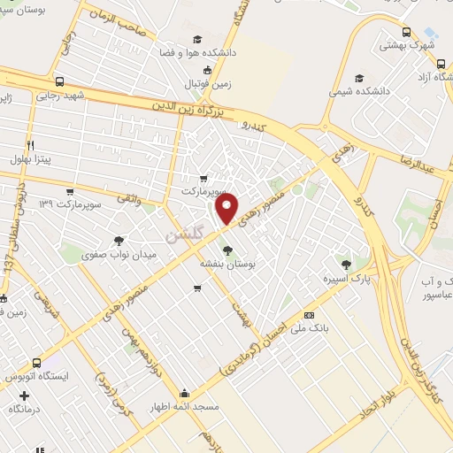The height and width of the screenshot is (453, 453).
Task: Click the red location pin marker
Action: point(227,210)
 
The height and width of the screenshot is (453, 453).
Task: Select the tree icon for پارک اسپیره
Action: point(346,264)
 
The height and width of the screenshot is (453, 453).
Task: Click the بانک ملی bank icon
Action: point(308,315)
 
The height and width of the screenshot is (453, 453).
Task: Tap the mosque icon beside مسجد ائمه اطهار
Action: point(184,393)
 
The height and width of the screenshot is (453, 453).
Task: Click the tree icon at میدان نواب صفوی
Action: point(119,240)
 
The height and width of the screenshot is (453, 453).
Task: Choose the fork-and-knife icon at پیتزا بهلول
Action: point(31,144)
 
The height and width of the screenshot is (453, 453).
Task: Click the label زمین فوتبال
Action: point(206,84)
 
